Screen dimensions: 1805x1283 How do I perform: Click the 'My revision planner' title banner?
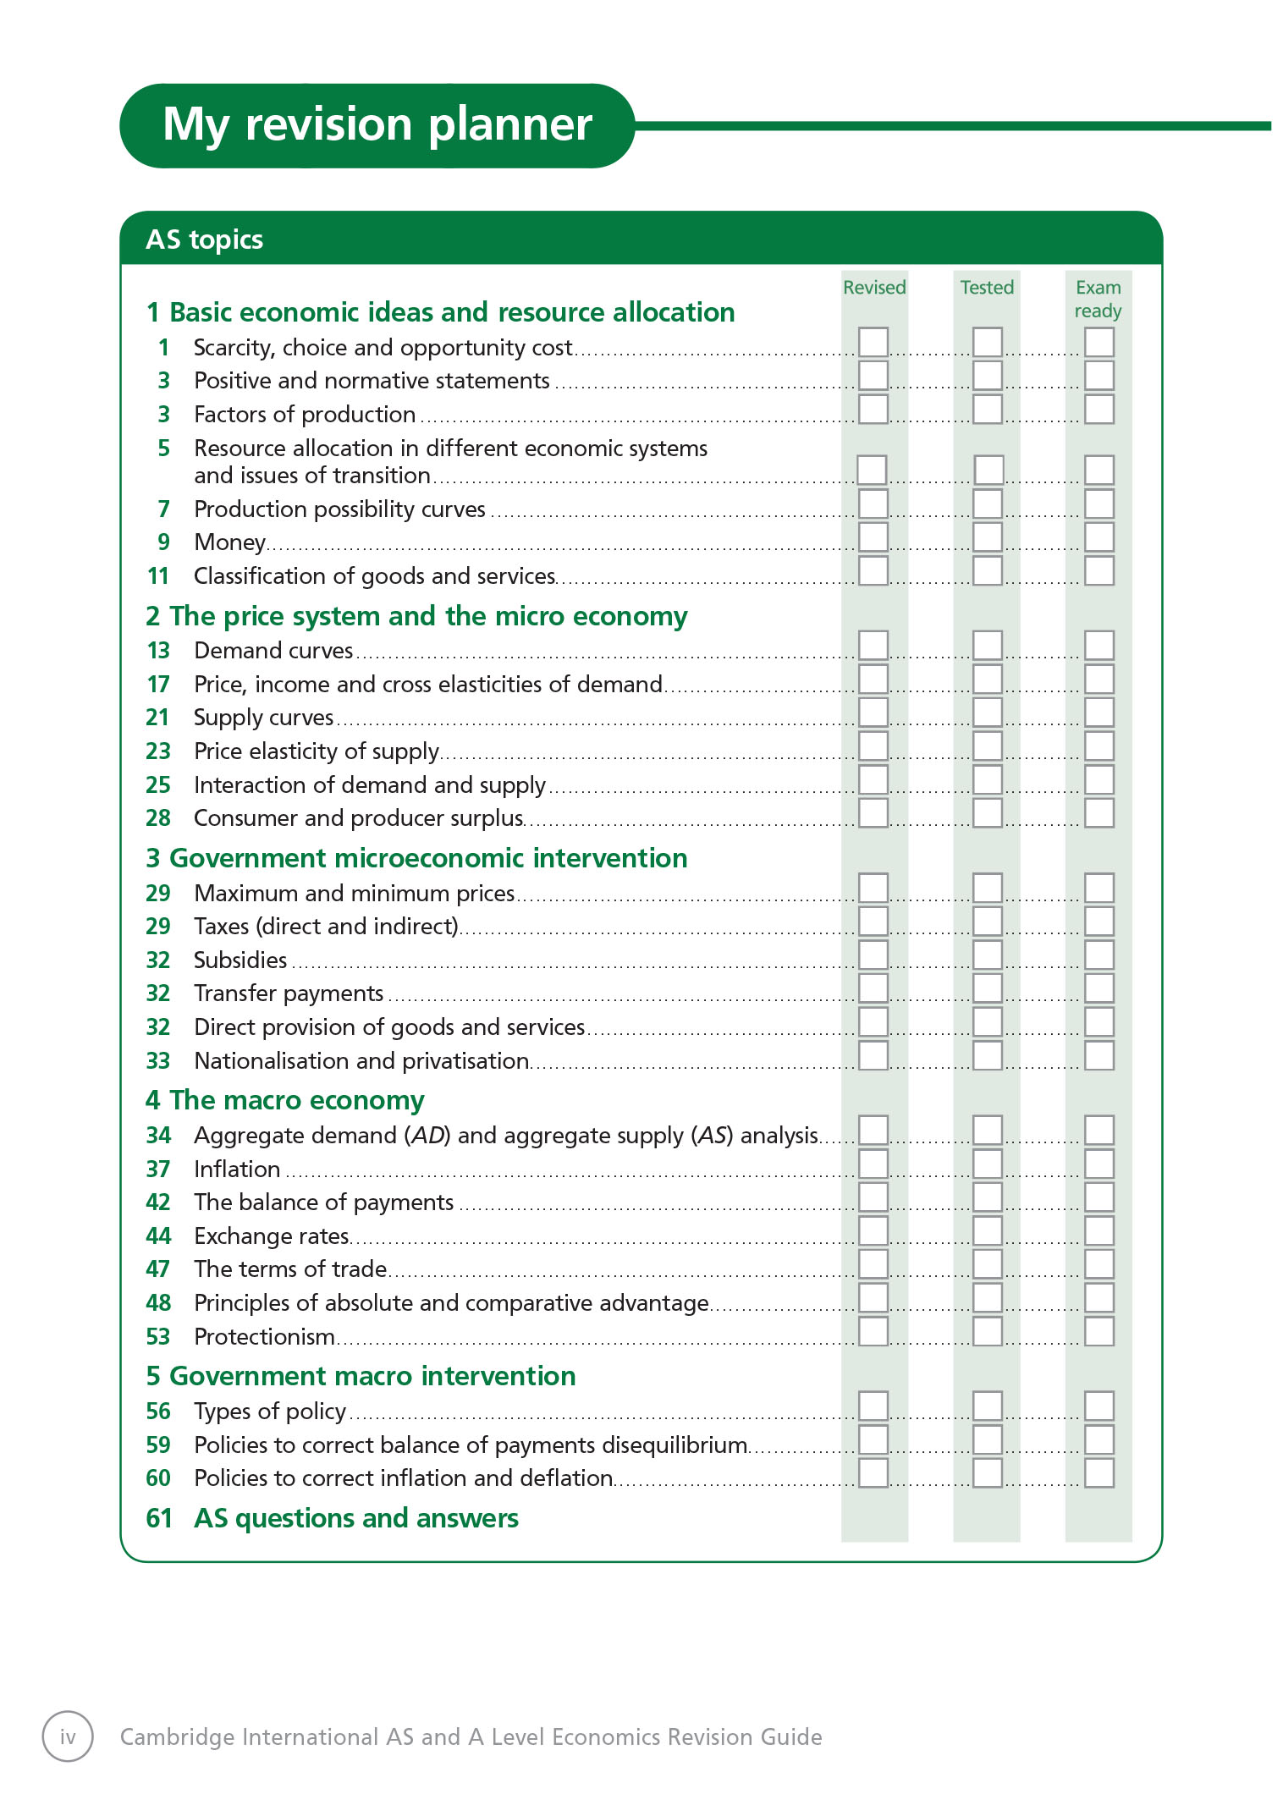coord(377,125)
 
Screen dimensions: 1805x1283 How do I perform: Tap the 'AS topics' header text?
coord(204,239)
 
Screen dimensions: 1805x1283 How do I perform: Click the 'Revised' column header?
coord(874,288)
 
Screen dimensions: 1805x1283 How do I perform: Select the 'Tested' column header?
coord(987,288)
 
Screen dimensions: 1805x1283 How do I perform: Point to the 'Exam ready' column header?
coord(1098,300)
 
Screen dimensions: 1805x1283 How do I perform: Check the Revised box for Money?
coord(873,537)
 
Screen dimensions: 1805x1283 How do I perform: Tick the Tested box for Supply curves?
coord(987,713)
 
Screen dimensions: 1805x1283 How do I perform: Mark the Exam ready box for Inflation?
coord(1099,1164)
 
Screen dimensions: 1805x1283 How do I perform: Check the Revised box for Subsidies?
coord(873,955)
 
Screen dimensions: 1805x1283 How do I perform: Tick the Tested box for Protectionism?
coord(987,1332)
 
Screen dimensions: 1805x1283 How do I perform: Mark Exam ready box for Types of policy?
coord(1099,1406)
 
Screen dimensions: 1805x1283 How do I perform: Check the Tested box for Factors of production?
coord(987,410)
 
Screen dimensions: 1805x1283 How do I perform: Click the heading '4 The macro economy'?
coord(284,1100)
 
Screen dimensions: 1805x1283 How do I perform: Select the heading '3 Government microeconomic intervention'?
coord(416,858)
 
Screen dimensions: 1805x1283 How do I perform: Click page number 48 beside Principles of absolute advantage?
coord(158,1303)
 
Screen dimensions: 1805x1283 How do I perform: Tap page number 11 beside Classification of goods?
coord(158,576)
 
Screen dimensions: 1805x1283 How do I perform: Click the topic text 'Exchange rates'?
coord(271,1236)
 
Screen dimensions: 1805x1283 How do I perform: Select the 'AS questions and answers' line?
coord(355,1518)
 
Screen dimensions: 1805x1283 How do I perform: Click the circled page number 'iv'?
coord(68,1736)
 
